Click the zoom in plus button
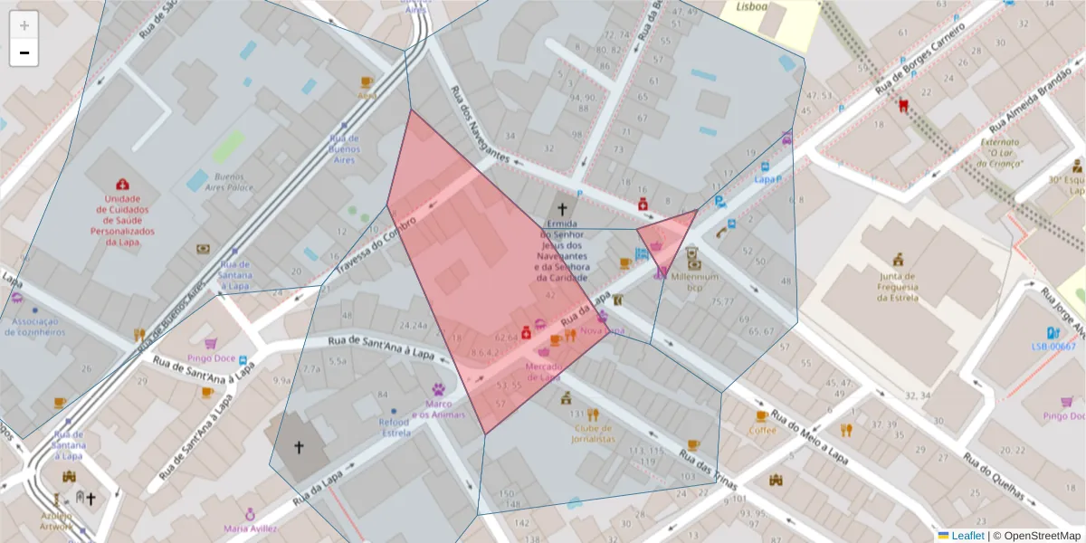click(x=24, y=24)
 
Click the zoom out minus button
click(x=24, y=52)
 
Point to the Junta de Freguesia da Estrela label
click(x=898, y=286)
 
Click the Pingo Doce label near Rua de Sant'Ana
click(x=211, y=358)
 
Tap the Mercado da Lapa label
click(x=544, y=371)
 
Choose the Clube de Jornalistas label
click(x=593, y=433)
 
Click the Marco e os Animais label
click(x=439, y=409)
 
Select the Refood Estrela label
click(x=395, y=427)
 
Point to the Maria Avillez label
click(x=251, y=528)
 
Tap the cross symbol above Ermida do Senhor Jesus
click(x=562, y=209)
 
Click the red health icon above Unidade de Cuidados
click(x=122, y=185)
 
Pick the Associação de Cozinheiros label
click(x=34, y=326)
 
